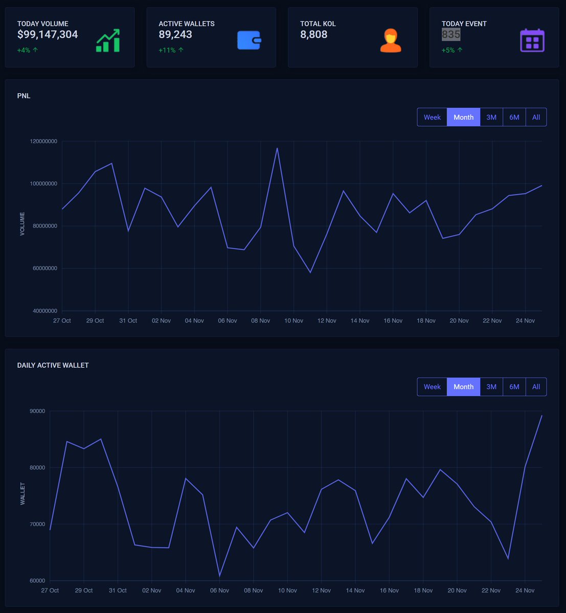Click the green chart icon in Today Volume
tap(108, 41)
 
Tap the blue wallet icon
tap(249, 40)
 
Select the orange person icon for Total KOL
tap(391, 41)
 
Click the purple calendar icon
tap(532, 41)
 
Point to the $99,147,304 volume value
tap(48, 35)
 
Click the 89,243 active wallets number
tap(175, 35)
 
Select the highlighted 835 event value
tap(451, 35)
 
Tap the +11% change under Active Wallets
tap(171, 50)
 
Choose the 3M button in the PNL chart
tap(491, 117)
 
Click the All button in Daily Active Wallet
tap(536, 387)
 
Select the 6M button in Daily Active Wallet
tap(514, 387)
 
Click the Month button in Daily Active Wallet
tap(463, 387)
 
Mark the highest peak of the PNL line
tap(277, 148)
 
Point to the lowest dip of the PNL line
tap(310, 272)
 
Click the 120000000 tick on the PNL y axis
tap(44, 142)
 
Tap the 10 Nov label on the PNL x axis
tap(293, 321)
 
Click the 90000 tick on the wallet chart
tap(37, 411)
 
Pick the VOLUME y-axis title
tap(22, 224)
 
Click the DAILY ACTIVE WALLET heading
tap(53, 365)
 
